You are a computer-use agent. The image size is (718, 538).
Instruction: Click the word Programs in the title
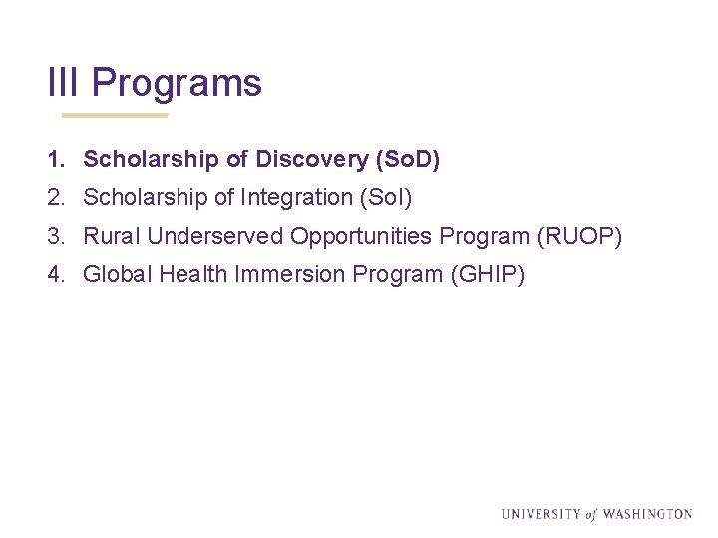178,83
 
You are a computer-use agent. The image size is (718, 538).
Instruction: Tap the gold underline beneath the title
115,115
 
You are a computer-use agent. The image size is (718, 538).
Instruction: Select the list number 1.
54,159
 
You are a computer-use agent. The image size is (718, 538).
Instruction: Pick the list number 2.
54,198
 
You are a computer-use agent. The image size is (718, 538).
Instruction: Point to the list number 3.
54,236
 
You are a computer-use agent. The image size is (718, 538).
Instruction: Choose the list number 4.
54,274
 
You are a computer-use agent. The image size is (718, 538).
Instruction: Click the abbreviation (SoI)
385,198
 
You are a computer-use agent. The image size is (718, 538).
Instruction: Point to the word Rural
111,236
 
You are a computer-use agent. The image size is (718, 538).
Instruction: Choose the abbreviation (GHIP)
488,274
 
